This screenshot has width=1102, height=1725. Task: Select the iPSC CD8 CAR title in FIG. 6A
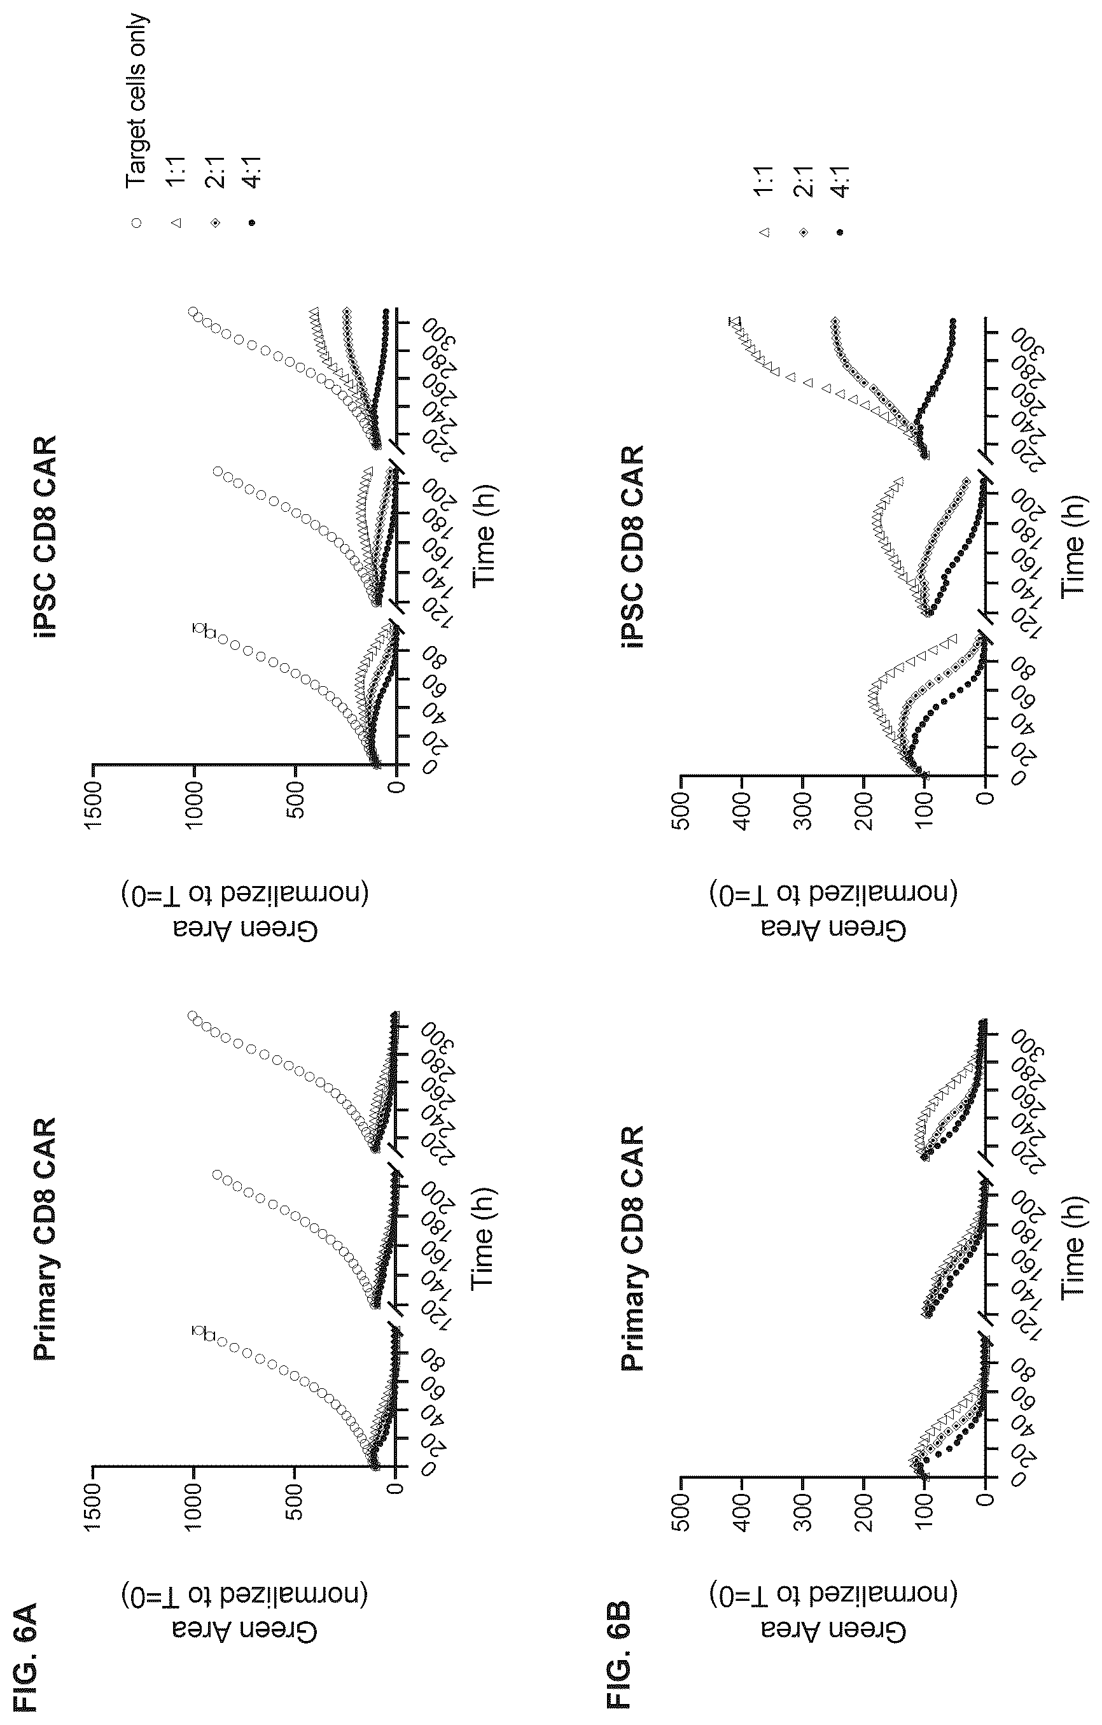(46, 537)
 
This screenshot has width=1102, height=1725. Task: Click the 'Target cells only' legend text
(136, 101)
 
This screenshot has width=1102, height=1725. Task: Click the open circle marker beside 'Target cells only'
(136, 223)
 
